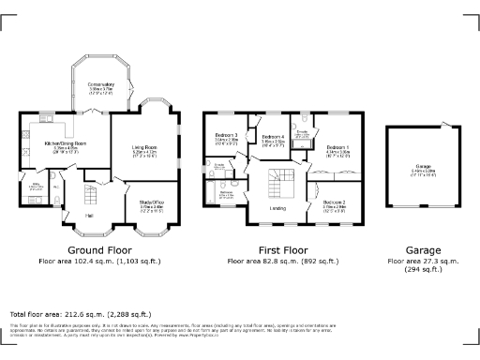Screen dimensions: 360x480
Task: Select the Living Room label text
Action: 143,147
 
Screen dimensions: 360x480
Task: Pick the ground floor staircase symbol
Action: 91,195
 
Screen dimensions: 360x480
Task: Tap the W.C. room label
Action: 55,187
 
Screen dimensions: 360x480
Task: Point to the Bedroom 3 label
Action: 226,135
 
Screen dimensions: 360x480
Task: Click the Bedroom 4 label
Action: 272,137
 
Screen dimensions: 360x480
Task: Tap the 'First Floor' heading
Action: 283,251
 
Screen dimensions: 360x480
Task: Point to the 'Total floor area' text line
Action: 80,314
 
